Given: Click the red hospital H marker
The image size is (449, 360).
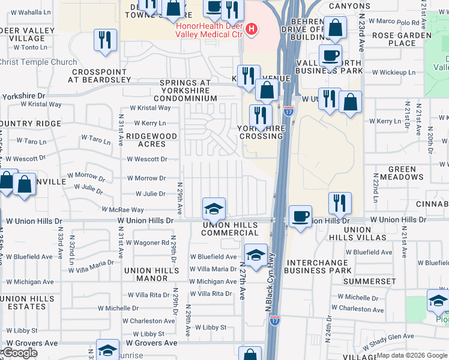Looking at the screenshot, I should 252,29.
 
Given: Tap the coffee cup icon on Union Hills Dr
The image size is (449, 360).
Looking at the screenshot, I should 300,215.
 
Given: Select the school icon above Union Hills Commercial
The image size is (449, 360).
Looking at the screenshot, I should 214,208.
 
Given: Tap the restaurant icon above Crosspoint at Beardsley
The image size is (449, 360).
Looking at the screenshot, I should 106,40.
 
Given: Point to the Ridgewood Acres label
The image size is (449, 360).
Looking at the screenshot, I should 152,140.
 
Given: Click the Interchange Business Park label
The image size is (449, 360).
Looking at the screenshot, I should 319,267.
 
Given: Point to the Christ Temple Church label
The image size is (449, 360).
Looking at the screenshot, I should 38,62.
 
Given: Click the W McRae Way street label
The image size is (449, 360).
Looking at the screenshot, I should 122,210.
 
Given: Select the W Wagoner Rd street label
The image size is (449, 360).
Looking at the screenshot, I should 148,242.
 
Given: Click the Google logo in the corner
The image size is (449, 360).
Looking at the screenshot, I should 19,353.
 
